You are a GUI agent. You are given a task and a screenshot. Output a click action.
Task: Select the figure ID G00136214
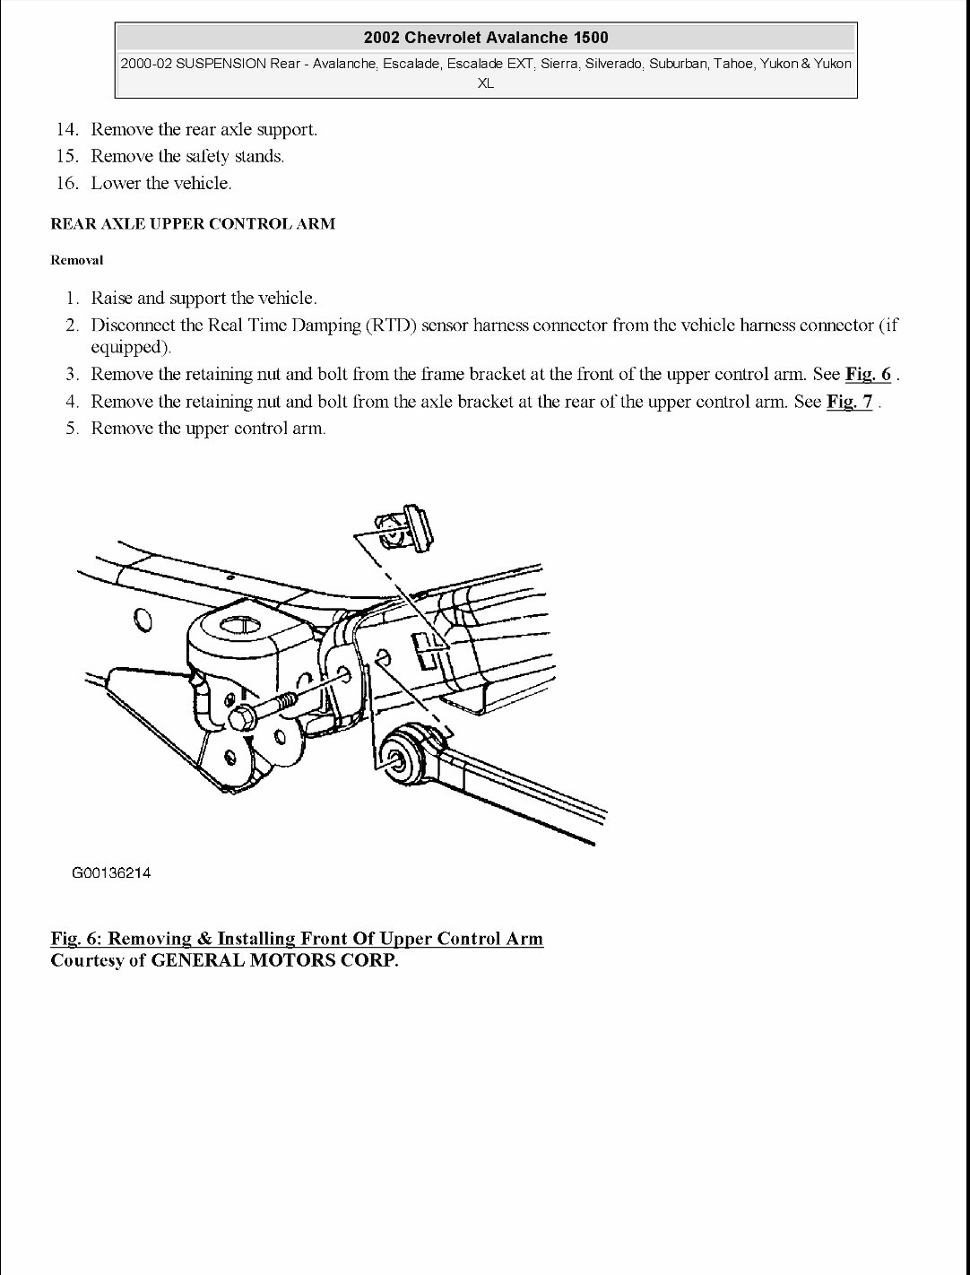tap(111, 872)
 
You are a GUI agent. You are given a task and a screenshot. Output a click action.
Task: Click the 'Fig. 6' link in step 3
tap(868, 374)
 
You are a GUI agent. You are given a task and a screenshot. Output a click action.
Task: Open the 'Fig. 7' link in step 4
tap(849, 401)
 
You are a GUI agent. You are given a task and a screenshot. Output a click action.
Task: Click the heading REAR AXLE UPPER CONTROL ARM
tap(193, 224)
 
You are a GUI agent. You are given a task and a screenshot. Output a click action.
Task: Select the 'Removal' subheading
tap(77, 260)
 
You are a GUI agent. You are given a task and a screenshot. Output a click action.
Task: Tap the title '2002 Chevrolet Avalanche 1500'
tap(486, 38)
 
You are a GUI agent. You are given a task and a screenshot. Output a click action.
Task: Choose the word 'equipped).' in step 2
tap(131, 347)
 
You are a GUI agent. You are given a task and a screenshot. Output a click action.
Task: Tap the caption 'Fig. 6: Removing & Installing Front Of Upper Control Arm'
tap(297, 939)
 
